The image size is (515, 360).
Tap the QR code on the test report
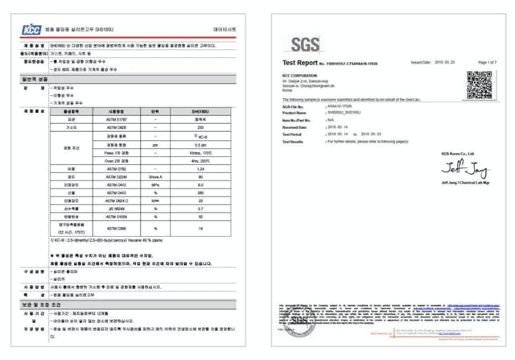click(479, 84)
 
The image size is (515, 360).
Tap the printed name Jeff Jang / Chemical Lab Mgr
click(459, 183)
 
